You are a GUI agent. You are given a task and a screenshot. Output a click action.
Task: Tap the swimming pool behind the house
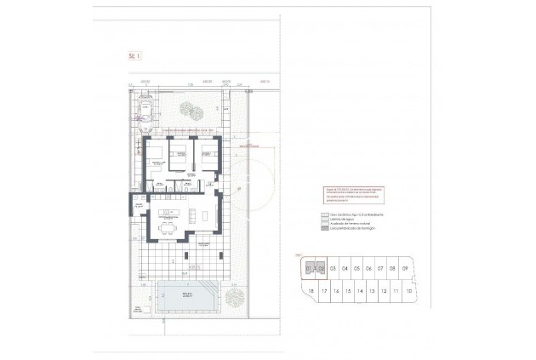[x=185, y=297]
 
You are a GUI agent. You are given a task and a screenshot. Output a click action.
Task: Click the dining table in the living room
[x=168, y=227]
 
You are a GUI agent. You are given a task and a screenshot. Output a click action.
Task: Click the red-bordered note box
[x=349, y=194]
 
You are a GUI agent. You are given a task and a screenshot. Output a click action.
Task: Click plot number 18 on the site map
[x=312, y=291]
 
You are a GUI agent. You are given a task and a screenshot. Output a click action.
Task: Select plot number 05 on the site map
[x=357, y=268]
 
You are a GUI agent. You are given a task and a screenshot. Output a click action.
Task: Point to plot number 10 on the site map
[x=409, y=291]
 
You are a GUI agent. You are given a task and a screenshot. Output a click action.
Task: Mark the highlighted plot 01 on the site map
[x=311, y=268]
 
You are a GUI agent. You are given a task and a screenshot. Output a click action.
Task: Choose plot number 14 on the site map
[x=361, y=291]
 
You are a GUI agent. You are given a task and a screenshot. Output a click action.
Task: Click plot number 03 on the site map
[x=334, y=268]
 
